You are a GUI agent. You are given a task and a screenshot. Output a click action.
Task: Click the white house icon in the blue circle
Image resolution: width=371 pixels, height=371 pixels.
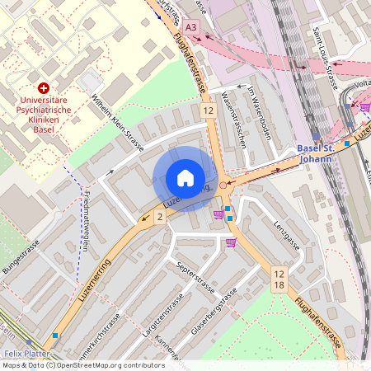click(185, 178)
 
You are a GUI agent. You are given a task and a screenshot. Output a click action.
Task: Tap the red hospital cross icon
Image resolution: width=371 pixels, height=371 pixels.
click(44, 87)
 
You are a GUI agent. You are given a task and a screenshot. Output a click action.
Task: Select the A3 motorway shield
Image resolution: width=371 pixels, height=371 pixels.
click(191, 27)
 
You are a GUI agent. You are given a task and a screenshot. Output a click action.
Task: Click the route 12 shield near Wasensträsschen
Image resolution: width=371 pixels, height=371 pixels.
click(208, 110)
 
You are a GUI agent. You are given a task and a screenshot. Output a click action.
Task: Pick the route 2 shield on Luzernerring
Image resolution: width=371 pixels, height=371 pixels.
click(159, 216)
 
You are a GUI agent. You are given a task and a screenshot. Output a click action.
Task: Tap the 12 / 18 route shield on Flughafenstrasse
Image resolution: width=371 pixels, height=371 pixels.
click(279, 279)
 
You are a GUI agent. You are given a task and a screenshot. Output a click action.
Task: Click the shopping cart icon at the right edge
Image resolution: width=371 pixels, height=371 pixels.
click(364, 106)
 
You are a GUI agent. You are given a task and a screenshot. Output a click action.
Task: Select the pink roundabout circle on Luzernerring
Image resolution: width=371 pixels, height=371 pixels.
click(223, 185)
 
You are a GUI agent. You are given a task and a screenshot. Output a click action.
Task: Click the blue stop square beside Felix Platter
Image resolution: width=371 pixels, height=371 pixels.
click(55, 336)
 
